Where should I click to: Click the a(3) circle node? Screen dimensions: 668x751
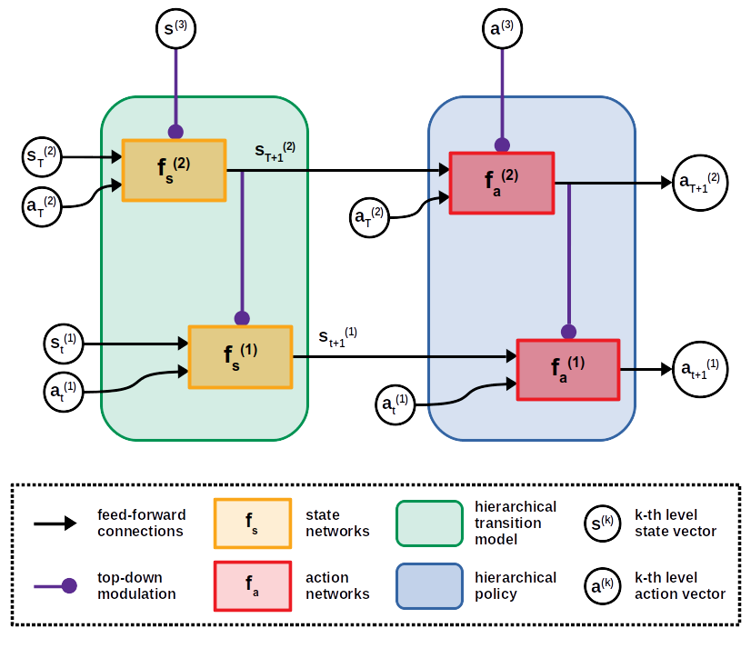(501, 28)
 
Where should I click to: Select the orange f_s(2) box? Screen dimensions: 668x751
(173, 170)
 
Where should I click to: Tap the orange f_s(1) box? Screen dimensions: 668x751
(240, 356)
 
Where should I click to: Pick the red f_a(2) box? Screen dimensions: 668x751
(501, 183)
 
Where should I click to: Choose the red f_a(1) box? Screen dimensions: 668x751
(567, 369)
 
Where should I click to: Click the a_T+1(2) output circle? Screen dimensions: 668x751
(698, 183)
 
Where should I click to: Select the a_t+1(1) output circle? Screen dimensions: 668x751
(698, 370)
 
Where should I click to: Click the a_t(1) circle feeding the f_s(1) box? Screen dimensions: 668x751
(64, 392)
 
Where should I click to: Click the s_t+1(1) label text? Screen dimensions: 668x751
(337, 337)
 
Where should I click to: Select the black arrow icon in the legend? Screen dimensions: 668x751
(55, 523)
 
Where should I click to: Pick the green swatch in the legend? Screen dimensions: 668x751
(429, 523)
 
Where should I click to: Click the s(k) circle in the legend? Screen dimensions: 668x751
(603, 523)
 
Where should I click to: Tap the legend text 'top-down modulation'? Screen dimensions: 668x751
(136, 585)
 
